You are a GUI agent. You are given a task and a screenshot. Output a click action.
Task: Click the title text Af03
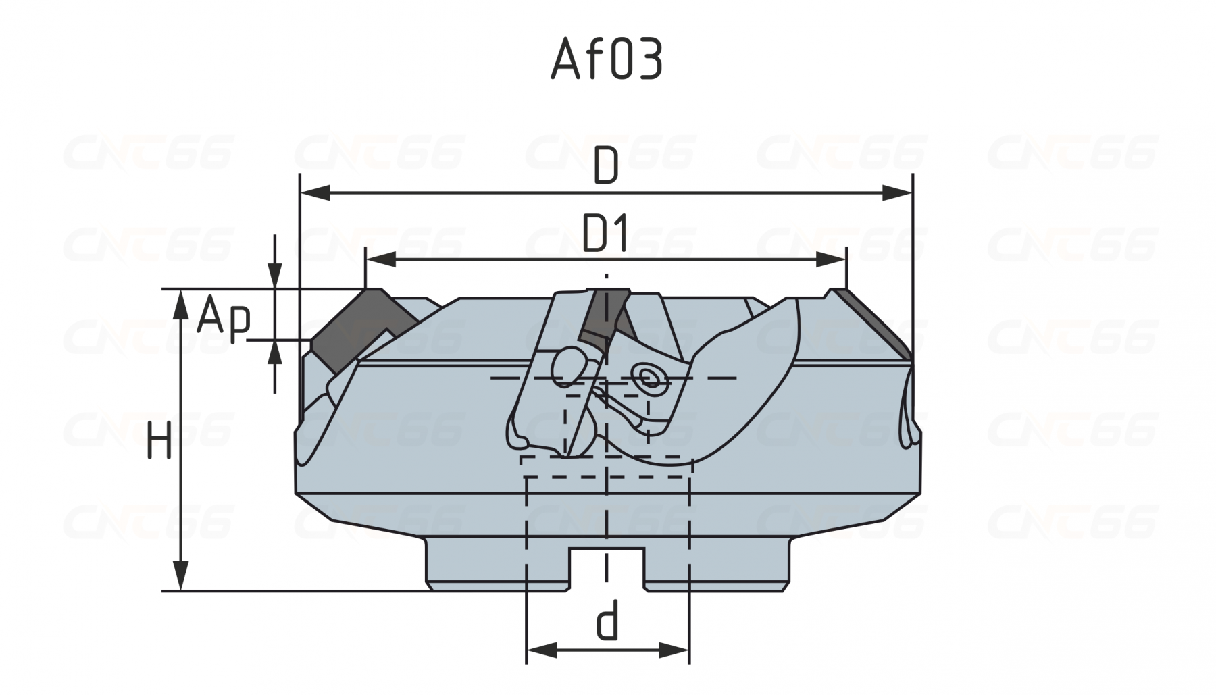coord(606,59)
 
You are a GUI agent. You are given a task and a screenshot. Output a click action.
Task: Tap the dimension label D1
coord(606,234)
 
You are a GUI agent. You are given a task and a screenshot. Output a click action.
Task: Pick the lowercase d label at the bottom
coord(607,623)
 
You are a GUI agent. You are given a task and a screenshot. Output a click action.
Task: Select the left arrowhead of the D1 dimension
coord(381,259)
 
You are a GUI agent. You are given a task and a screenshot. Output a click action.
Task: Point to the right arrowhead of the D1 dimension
coord(830,259)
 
